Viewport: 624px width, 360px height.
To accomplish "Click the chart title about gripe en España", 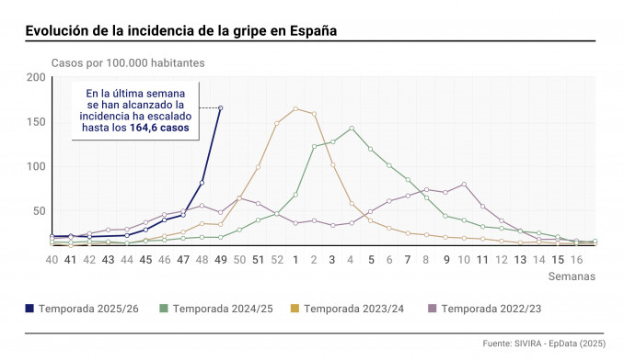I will click(x=180, y=30).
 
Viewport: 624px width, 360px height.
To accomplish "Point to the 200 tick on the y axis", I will click(x=37, y=77).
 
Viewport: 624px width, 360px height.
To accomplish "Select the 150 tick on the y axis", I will click(x=37, y=122).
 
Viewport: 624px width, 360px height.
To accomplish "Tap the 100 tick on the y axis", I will click(x=37, y=167).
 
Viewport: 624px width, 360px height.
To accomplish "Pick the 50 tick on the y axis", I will click(x=40, y=211).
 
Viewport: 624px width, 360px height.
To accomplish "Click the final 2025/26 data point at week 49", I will click(x=220, y=108).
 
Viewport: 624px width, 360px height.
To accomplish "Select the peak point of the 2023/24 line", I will click(x=295, y=108).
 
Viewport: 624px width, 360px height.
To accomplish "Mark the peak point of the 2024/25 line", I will click(x=352, y=129).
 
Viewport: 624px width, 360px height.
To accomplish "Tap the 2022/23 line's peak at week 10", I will click(x=464, y=185).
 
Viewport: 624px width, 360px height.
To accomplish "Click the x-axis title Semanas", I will click(x=572, y=276).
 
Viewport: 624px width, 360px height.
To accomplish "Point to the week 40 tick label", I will click(x=52, y=260).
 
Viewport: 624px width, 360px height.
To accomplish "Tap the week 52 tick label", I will click(x=277, y=260).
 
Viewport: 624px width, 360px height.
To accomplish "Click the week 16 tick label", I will click(x=576, y=260).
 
